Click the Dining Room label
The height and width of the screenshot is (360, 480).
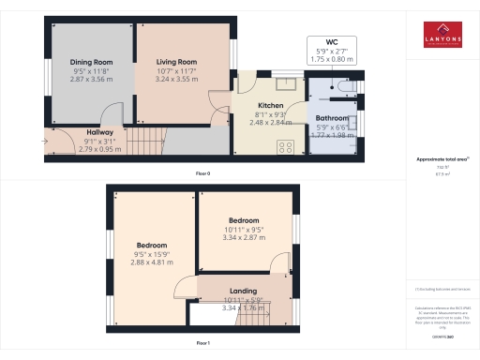pos(91,63)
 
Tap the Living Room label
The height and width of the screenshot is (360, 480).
pos(175,62)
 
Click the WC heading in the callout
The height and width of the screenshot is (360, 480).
pos(331,42)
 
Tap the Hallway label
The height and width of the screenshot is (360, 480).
pos(100,133)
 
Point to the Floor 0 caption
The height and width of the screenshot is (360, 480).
pos(202,173)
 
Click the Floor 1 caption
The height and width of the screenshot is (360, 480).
pos(202,344)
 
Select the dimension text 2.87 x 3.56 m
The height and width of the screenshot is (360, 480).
pos(91,81)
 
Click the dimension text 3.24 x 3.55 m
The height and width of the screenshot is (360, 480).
pos(175,80)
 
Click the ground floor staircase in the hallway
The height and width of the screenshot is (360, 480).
pos(145,142)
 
